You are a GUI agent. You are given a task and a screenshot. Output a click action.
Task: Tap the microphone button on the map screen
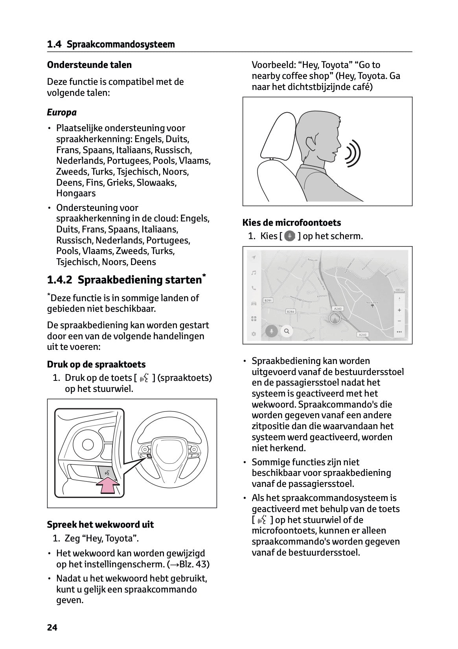coord(270,331)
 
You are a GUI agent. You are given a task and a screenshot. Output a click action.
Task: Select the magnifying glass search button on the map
coord(287,331)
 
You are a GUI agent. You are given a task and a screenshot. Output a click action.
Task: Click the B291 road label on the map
coord(268,300)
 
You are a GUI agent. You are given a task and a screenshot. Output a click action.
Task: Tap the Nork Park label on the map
coord(372,302)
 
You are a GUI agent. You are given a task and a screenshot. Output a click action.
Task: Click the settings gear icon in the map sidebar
coord(254,334)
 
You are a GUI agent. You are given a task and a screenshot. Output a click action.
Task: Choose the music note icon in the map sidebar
coord(254,273)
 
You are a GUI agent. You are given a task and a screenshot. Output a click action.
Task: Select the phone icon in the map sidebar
coord(254,288)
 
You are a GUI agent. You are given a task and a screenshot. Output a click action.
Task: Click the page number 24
coord(52,627)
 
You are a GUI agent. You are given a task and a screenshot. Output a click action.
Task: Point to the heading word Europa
coord(62,113)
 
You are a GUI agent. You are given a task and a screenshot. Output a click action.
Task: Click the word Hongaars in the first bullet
coord(76,193)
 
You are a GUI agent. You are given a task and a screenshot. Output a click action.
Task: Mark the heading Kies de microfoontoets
coord(292,223)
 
